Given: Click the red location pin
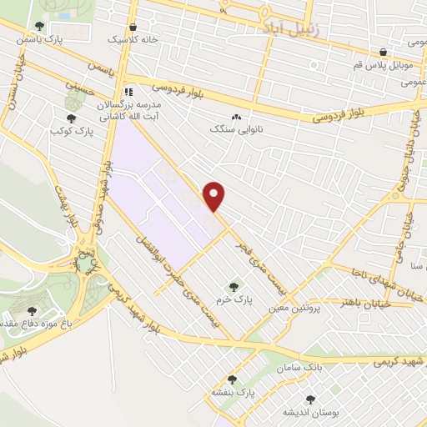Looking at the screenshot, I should [x=215, y=196].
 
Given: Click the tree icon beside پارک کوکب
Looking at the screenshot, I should [x=70, y=119].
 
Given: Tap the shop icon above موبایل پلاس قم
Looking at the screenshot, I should [x=382, y=51].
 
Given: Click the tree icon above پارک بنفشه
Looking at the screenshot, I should [x=231, y=379].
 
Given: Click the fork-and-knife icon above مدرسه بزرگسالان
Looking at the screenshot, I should [x=128, y=92].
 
